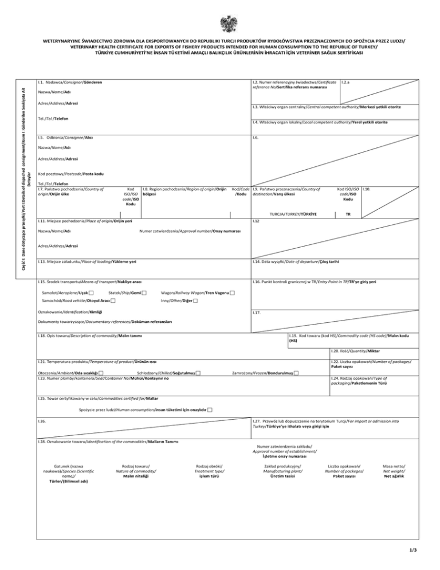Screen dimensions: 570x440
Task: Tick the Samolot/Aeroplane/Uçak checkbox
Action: [x=92, y=294]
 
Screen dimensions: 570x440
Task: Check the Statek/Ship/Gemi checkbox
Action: [x=144, y=294]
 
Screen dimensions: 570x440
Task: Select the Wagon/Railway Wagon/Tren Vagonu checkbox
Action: [x=231, y=294]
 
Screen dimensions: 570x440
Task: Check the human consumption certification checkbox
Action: [x=210, y=410]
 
